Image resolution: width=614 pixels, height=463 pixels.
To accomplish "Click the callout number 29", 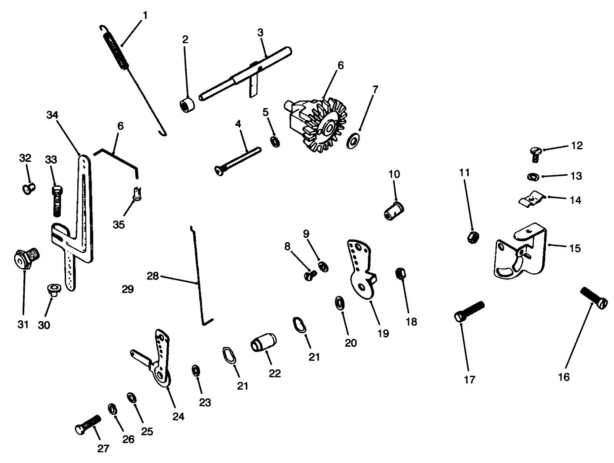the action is (x=128, y=289).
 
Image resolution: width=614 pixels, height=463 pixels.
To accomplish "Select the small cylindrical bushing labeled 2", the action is (x=187, y=105).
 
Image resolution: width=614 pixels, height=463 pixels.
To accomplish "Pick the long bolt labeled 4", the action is (x=238, y=162).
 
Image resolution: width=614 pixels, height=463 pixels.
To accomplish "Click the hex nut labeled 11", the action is (x=473, y=237).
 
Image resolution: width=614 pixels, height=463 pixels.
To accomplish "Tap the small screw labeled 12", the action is (x=535, y=154).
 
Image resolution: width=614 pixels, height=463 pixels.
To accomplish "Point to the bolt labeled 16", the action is (x=594, y=298).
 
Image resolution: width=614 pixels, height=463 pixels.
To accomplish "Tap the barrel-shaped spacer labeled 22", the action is (x=264, y=342).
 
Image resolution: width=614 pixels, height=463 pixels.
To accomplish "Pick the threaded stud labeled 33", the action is (x=57, y=201).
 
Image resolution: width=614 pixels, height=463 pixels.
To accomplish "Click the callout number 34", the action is (x=52, y=115).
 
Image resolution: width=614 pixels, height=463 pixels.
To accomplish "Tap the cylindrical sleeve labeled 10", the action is (x=394, y=211).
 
